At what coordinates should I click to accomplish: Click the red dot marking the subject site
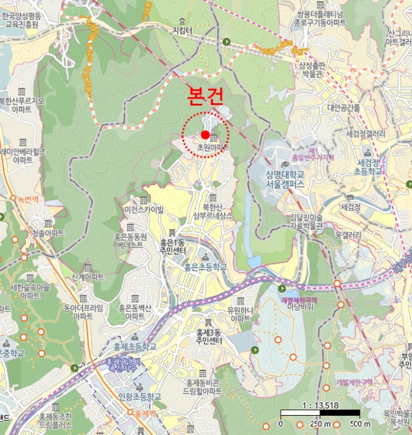click(x=206, y=134)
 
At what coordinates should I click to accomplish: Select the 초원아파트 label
click(x=213, y=149)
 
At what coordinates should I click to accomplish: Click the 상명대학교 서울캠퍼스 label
click(x=294, y=178)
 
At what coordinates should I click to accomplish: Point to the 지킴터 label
click(x=182, y=30)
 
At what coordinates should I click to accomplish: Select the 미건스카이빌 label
click(x=144, y=210)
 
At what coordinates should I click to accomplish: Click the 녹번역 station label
click(x=28, y=199)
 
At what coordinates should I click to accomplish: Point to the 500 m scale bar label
click(x=360, y=424)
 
